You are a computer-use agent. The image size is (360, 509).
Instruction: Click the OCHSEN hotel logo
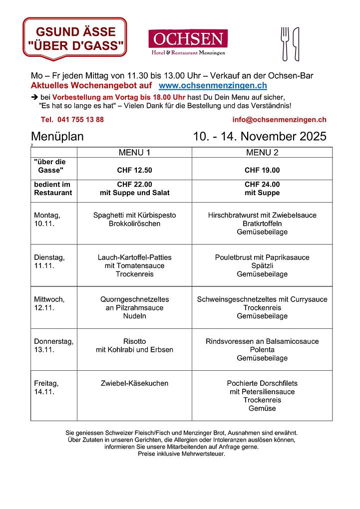(188, 42)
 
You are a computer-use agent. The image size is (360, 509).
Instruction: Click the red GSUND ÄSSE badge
(75, 38)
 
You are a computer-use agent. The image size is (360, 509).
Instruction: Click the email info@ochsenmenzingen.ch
(279, 119)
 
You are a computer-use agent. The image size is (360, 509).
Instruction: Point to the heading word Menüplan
(57, 137)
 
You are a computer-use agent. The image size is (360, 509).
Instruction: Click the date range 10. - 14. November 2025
(260, 137)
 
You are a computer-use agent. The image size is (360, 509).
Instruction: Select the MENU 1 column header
(134, 152)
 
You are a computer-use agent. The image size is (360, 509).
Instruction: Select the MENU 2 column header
(262, 152)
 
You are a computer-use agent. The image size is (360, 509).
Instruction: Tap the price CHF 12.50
(134, 170)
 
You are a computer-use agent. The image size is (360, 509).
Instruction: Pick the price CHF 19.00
(262, 170)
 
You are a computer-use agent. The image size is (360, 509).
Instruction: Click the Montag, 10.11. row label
(47, 220)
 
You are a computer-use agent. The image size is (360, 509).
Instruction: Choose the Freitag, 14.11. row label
(46, 387)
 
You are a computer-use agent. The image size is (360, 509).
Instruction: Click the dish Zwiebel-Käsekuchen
(134, 383)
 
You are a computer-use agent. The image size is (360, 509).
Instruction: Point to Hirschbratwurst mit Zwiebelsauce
(262, 215)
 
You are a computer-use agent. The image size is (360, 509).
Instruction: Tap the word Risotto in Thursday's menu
(134, 341)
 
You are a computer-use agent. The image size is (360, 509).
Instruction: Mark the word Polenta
(262, 350)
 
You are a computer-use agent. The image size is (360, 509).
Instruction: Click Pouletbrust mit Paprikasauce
(262, 257)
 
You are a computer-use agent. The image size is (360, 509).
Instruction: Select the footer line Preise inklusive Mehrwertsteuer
(181, 454)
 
